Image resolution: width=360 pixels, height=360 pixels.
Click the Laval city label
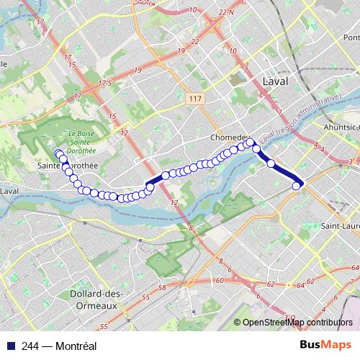(275, 81)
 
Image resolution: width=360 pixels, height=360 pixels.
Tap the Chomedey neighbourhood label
(230, 137)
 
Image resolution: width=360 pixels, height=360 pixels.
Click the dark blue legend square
(9, 346)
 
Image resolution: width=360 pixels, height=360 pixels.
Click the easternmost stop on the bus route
(296, 186)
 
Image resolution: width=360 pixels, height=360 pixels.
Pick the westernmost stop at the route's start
(58, 153)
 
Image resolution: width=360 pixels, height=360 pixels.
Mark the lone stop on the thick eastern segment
(271, 163)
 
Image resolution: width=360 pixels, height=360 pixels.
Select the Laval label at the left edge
(9, 191)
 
